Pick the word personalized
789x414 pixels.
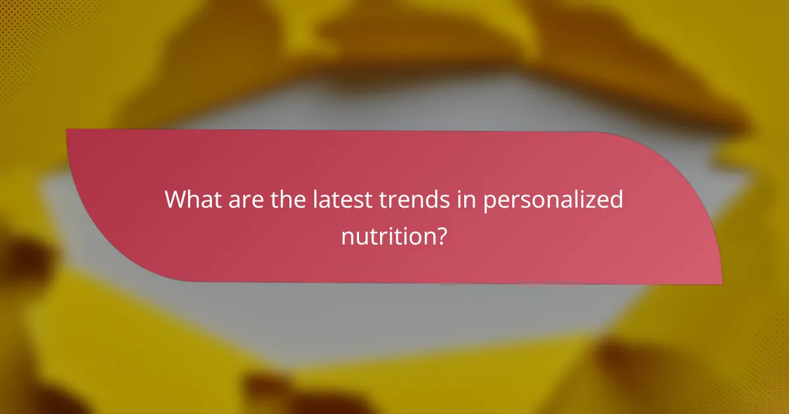[x=554, y=200]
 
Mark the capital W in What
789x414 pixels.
[x=176, y=199]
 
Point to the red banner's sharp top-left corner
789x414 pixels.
[x=68, y=130]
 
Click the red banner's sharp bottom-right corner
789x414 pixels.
[x=721, y=284]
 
